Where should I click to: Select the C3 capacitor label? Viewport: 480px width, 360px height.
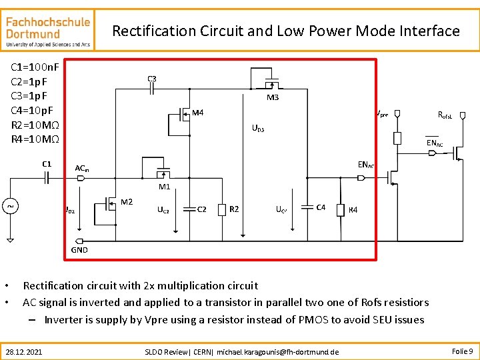coord(152,79)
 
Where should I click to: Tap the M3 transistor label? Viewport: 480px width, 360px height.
coord(273,98)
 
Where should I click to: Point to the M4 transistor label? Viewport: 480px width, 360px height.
coord(198,113)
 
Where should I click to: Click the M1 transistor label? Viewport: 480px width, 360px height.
coord(164,187)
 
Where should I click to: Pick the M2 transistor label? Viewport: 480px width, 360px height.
coord(127,201)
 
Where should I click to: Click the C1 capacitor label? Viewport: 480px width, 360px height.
coord(47,163)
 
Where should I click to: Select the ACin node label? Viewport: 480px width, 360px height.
coord(82,169)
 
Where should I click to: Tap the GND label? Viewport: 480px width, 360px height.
coord(79,249)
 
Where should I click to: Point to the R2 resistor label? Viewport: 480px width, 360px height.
coord(234,209)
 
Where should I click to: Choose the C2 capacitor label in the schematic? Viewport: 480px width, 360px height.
coord(202,209)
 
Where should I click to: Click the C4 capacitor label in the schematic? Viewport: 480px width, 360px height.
coord(321,207)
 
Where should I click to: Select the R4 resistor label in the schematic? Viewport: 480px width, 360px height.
coord(353,210)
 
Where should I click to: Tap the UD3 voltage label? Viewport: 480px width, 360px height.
coord(257,129)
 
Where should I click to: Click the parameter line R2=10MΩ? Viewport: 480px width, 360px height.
coord(35,125)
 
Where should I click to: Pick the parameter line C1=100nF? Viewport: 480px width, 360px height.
coord(35,67)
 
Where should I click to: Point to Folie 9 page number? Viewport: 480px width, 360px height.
coord(462,351)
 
